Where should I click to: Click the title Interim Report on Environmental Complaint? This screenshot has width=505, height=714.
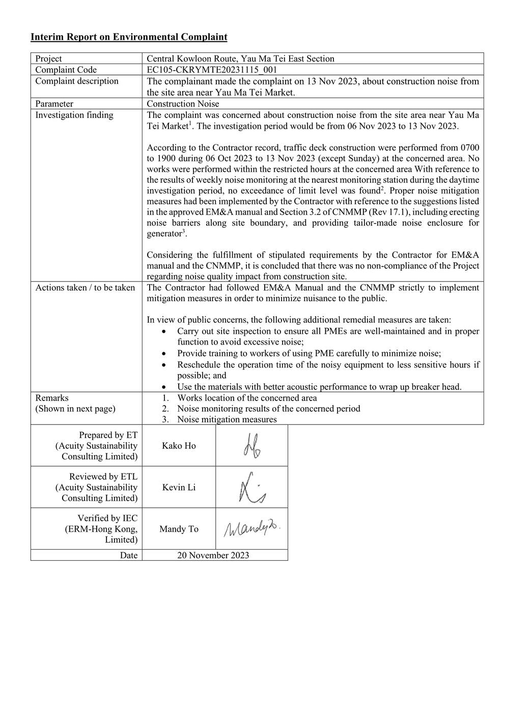pyautogui.click(x=129, y=37)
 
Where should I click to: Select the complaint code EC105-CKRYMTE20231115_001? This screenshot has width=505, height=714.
pyautogui.click(x=212, y=70)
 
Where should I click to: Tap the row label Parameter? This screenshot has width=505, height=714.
pyautogui.click(x=54, y=104)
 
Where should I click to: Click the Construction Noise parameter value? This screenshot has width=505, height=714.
pyautogui.click(x=183, y=104)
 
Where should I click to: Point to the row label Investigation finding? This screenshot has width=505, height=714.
pyautogui.click(x=74, y=115)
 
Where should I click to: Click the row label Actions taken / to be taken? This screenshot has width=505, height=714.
pyautogui.click(x=85, y=288)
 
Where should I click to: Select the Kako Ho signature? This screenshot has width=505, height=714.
pyautogui.click(x=251, y=446)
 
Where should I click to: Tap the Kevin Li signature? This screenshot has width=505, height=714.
pyautogui.click(x=252, y=488)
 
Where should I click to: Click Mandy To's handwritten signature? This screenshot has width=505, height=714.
pyautogui.click(x=252, y=529)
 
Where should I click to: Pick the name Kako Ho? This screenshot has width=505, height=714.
pyautogui.click(x=179, y=446)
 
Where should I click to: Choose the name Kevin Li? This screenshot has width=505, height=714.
pyautogui.click(x=179, y=488)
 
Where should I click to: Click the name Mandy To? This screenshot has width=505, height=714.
pyautogui.click(x=179, y=529)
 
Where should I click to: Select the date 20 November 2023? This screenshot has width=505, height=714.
pyautogui.click(x=213, y=555)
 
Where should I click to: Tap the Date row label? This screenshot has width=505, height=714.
pyautogui.click(x=129, y=555)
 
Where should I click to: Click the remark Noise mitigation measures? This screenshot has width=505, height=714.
pyautogui.click(x=227, y=419)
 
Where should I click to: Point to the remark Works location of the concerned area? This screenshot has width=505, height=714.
pyautogui.click(x=247, y=398)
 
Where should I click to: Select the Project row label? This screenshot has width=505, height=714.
pyautogui.click(x=48, y=59)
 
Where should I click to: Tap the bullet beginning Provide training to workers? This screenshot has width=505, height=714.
pyautogui.click(x=309, y=354)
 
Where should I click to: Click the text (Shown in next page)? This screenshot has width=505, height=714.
pyautogui.click(x=75, y=409)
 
